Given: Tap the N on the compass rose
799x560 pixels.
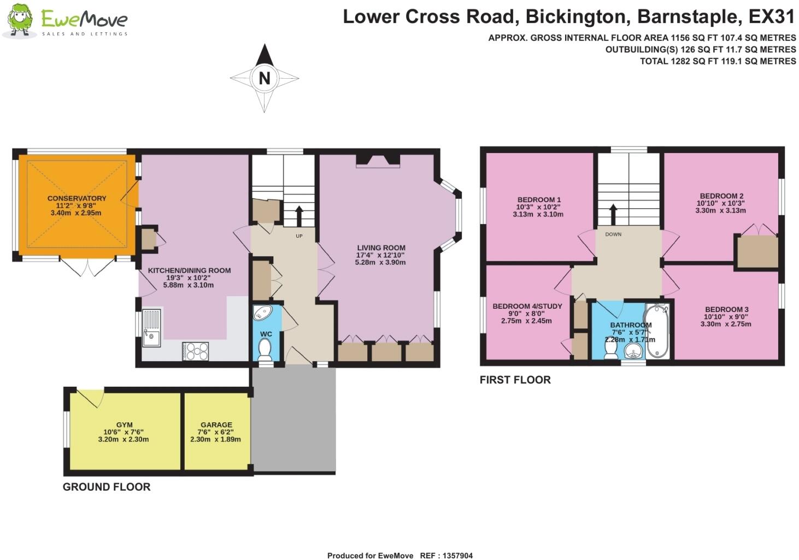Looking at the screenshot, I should (x=265, y=78).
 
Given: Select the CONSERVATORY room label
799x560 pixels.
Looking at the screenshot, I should (x=77, y=198).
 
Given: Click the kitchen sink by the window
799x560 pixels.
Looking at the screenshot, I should (x=151, y=328).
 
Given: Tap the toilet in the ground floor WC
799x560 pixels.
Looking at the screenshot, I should (x=265, y=349).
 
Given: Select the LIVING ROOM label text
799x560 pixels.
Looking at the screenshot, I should (x=381, y=247).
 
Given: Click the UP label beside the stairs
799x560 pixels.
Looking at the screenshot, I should (x=299, y=236).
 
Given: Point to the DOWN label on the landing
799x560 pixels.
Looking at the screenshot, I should (x=613, y=234).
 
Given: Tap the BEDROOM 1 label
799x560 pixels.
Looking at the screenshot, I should (x=539, y=200).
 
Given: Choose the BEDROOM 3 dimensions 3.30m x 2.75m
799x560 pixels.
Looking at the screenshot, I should (x=726, y=324).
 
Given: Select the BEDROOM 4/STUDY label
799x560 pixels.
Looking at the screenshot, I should (x=527, y=306).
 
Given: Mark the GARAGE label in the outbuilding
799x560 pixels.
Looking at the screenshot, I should (x=216, y=425).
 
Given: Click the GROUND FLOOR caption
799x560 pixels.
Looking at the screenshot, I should (x=107, y=487).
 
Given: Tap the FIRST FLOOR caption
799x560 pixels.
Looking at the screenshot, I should (x=515, y=380).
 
